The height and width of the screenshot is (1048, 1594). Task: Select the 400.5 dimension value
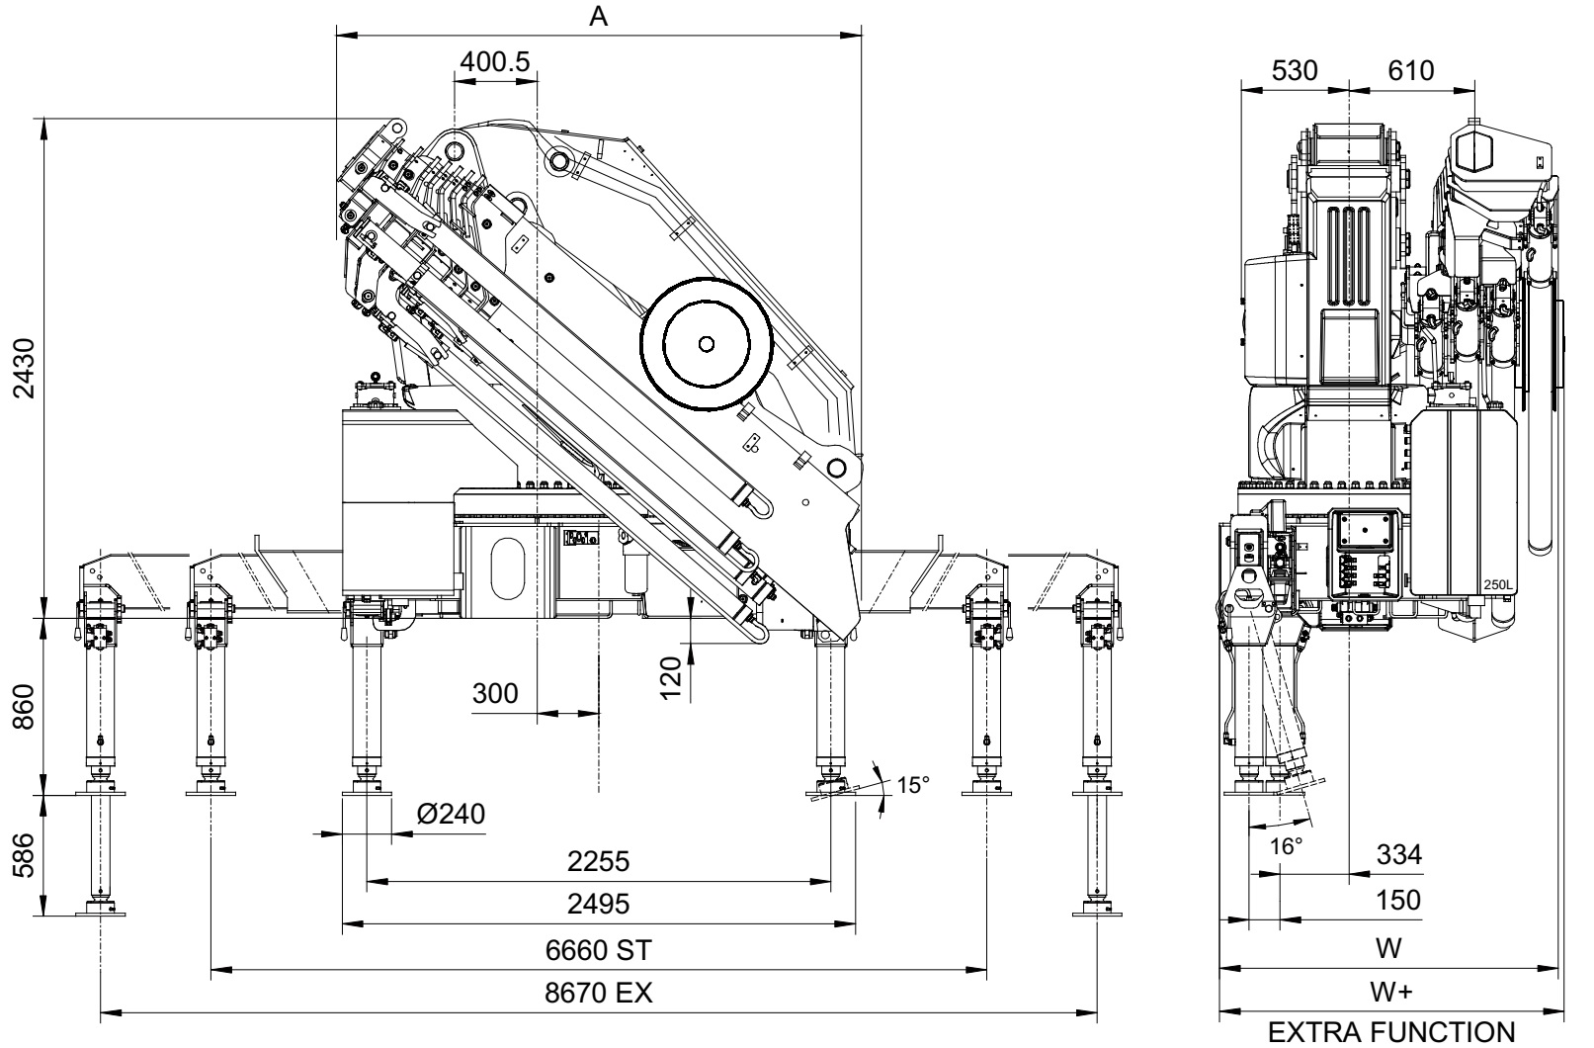click(x=494, y=61)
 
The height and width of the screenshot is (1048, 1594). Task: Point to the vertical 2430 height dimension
click(x=27, y=368)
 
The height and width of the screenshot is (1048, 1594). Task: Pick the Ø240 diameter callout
click(x=451, y=814)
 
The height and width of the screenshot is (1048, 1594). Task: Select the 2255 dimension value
click(x=599, y=861)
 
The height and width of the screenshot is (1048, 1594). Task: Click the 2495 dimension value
click(x=599, y=905)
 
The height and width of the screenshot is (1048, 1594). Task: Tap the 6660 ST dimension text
click(x=599, y=950)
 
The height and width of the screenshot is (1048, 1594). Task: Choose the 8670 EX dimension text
click(x=599, y=993)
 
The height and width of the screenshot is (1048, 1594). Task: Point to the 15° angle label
click(x=913, y=786)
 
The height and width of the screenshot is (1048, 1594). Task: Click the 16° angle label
click(x=1286, y=846)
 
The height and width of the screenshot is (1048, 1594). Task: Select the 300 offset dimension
click(x=495, y=694)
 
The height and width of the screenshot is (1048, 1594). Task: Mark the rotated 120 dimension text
click(x=672, y=678)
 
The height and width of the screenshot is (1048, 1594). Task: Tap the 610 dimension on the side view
click(x=1409, y=71)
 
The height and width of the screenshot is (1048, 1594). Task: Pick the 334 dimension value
click(x=1398, y=854)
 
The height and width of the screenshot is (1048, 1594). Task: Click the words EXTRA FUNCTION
click(x=1389, y=1033)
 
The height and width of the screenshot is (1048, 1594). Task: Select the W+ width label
click(x=1389, y=992)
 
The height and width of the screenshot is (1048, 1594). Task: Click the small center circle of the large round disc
click(x=705, y=343)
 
